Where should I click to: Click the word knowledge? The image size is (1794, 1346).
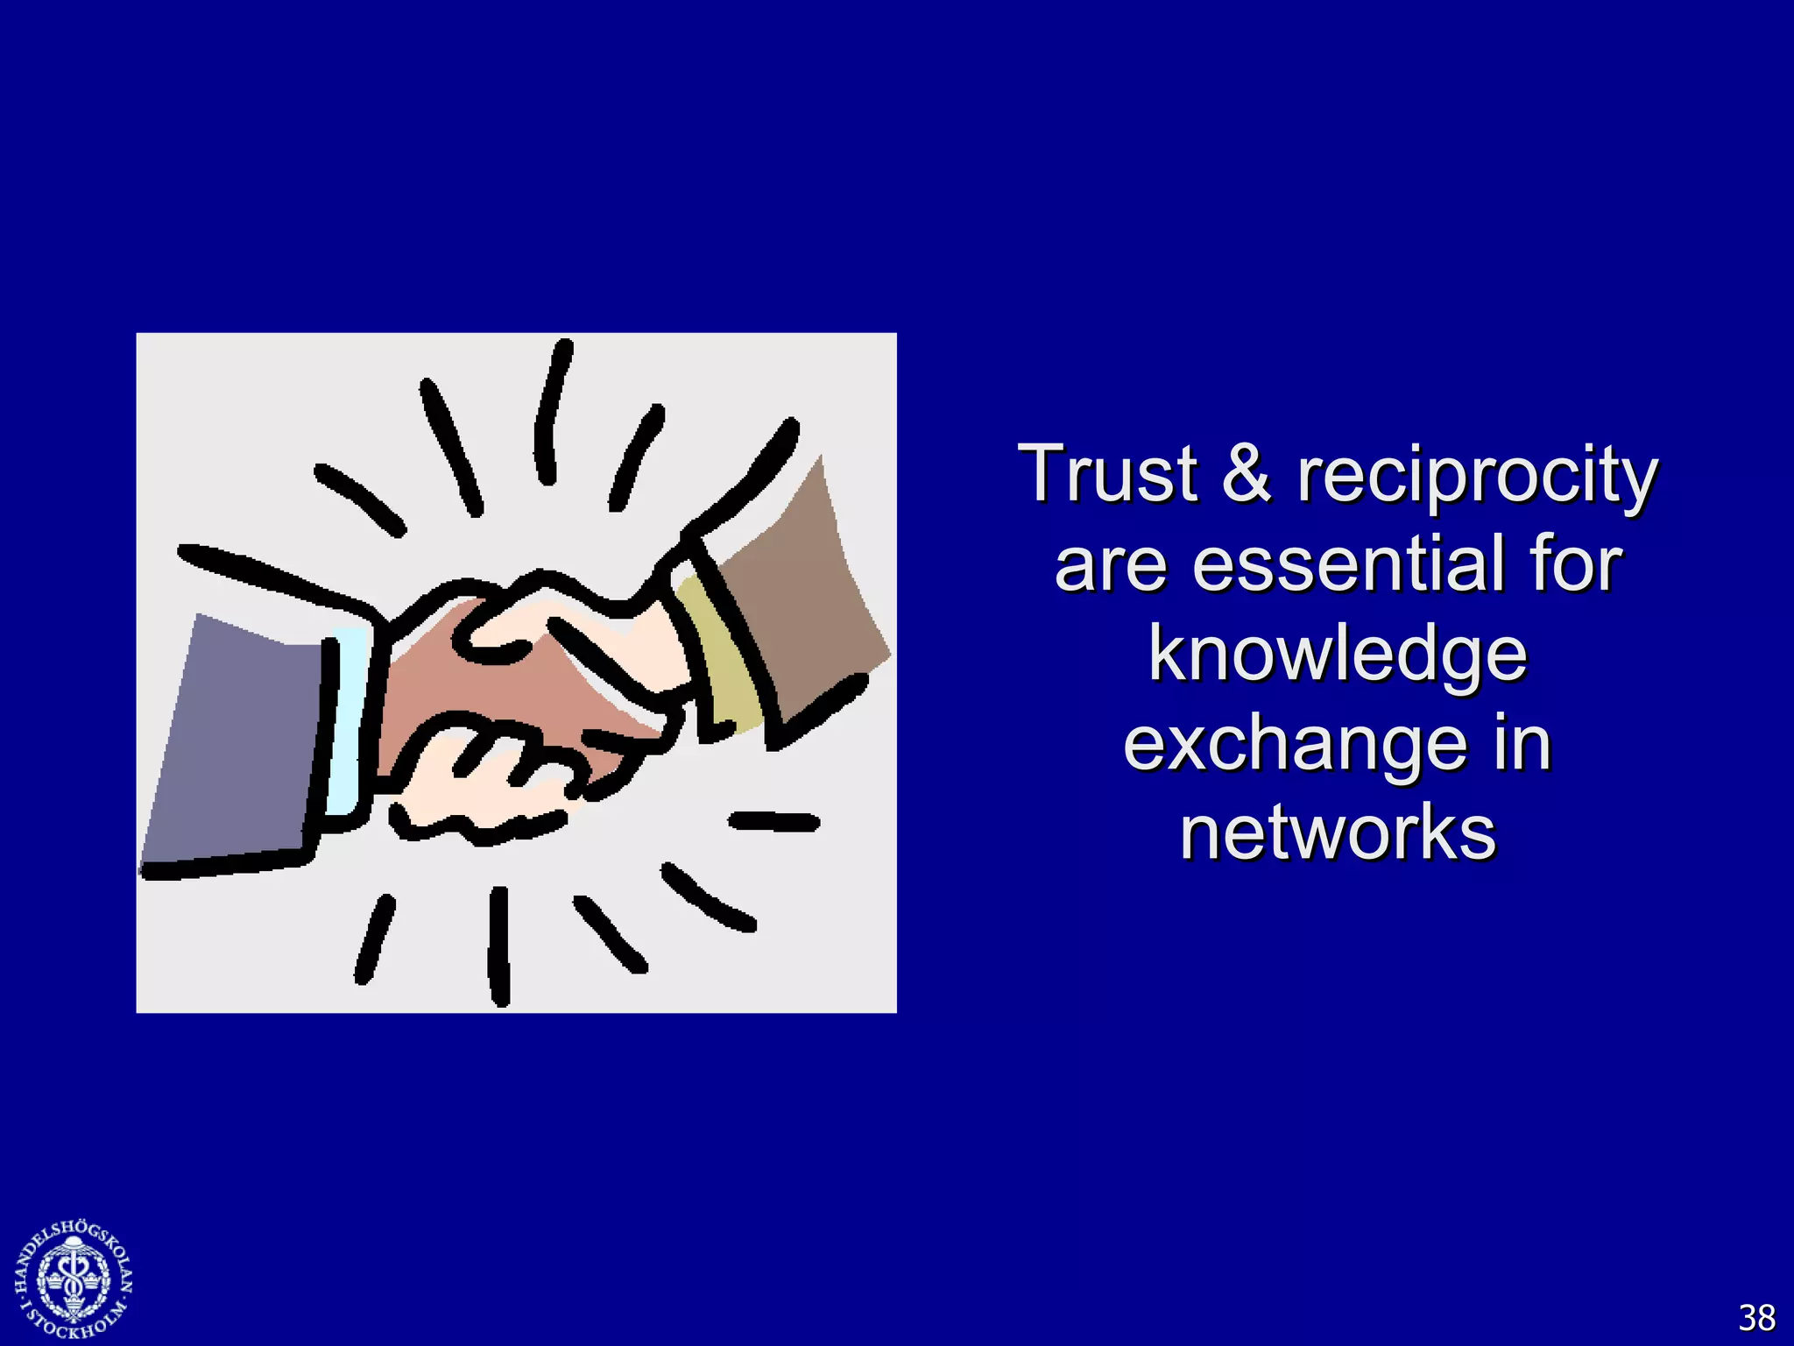[1338, 655]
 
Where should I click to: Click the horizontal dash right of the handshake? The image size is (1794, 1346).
[774, 822]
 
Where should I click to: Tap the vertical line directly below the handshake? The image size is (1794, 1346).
[498, 946]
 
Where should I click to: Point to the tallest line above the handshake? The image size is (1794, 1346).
[554, 412]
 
